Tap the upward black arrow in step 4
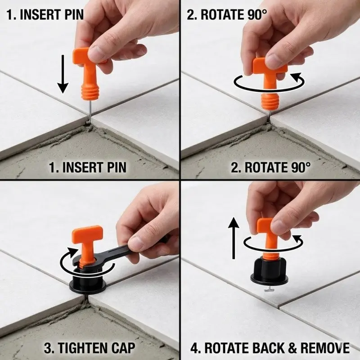click(234, 238)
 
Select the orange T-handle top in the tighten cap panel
click(87, 232)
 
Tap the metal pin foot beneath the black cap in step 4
click(269, 289)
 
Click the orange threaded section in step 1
click(90, 91)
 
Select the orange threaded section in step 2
click(270, 100)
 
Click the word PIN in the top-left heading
click(71, 15)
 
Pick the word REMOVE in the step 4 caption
click(325, 348)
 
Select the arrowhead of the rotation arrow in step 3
click(72, 251)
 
